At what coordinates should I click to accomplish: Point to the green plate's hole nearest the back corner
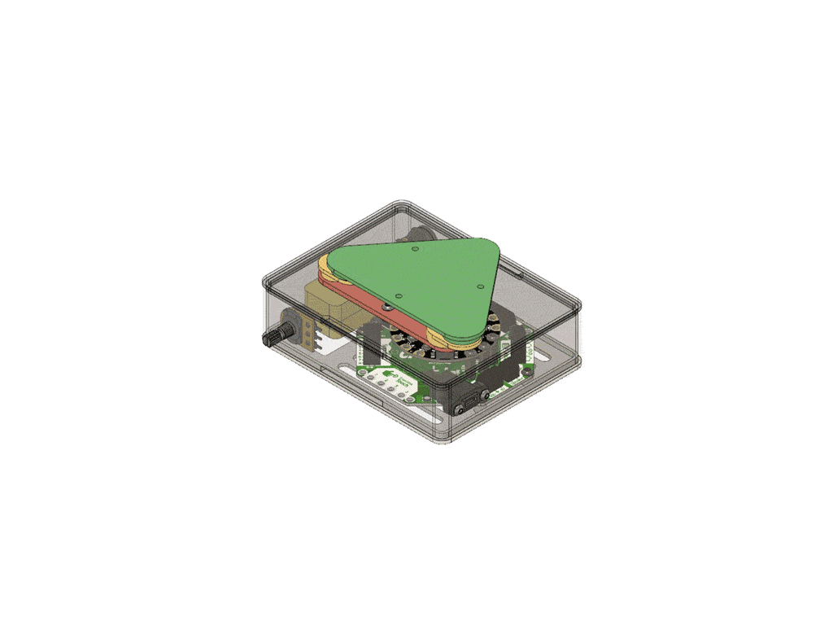(x=417, y=247)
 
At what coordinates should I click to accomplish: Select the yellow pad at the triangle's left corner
(x=324, y=264)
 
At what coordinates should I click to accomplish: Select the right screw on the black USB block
(x=486, y=395)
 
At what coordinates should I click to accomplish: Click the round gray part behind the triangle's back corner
(x=415, y=235)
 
